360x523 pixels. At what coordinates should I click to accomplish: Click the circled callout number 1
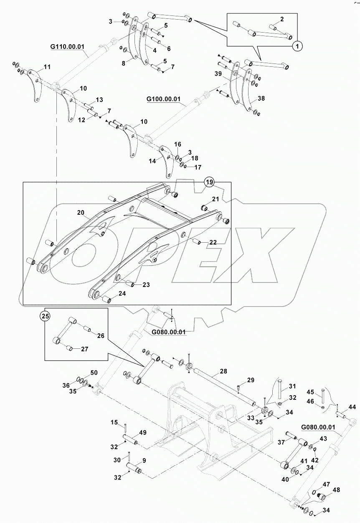click(297, 46)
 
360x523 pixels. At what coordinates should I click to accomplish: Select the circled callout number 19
click(209, 182)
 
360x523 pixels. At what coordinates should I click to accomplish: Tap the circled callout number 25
click(46, 316)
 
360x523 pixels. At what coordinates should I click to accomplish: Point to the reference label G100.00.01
click(163, 99)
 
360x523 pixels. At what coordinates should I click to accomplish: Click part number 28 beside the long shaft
click(223, 371)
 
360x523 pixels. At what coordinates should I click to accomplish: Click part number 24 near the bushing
click(122, 293)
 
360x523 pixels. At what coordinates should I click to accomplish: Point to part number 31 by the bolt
click(292, 386)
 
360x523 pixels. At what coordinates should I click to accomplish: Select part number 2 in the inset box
click(282, 19)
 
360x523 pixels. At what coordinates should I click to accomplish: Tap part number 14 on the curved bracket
click(152, 160)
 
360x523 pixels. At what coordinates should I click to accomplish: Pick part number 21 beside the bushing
click(215, 198)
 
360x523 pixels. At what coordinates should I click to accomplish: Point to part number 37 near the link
click(281, 442)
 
